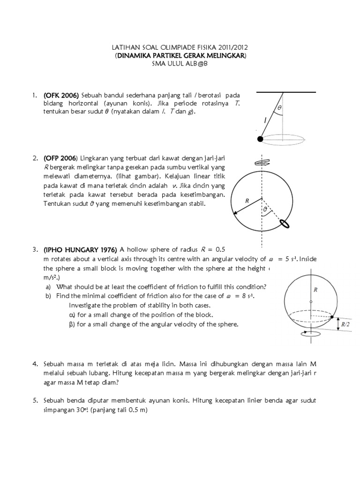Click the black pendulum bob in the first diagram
coord(260,138)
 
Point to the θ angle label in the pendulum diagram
coord(280,107)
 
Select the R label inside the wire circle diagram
coord(247,201)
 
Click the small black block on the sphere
coord(332,318)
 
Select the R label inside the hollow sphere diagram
coord(316,290)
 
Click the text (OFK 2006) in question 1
coord(61,96)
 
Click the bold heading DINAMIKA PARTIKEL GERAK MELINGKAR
coord(181,55)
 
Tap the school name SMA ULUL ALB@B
coord(180,63)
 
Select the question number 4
coord(35,364)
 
